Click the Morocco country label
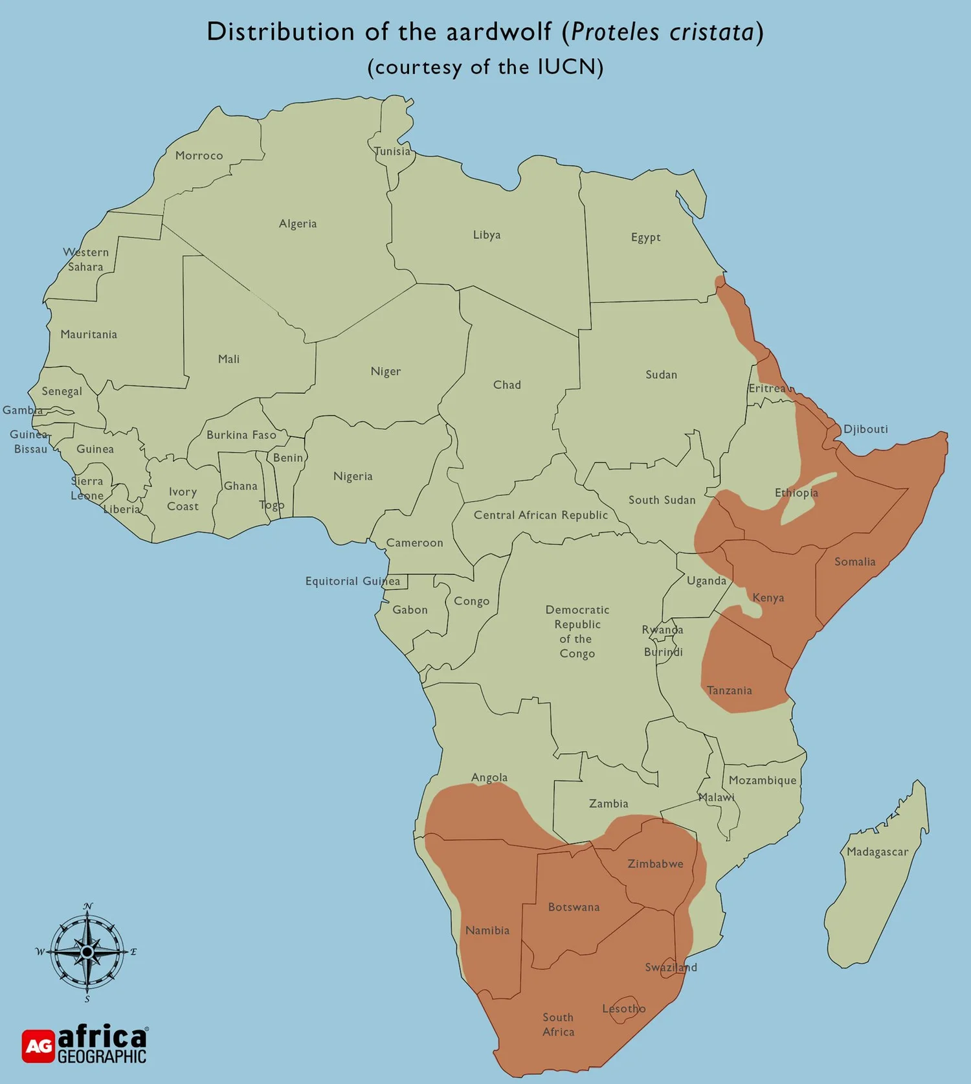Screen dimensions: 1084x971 pos(199,155)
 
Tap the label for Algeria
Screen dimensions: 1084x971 pos(298,223)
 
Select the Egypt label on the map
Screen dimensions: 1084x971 pos(645,237)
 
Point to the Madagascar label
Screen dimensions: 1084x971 pos(877,852)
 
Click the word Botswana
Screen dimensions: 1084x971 pos(574,907)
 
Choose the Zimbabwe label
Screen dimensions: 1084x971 pos(655,863)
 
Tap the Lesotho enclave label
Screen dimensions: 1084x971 pos(623,1008)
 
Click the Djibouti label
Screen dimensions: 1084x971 pos(865,429)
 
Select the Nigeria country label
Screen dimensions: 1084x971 pos(353,476)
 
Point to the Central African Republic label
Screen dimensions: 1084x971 pos(541,515)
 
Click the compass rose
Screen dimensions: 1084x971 pos(87,952)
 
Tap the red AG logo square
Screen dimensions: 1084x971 pos(38,1046)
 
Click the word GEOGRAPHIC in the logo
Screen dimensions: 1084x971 pos(102,1057)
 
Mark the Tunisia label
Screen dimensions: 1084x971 pos(392,151)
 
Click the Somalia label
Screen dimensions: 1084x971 pos(854,561)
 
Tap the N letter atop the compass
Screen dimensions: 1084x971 pos(88,906)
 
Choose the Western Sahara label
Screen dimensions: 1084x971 pos(85,259)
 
